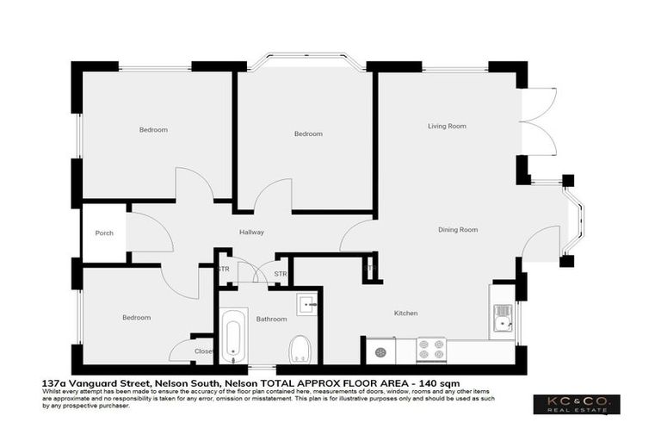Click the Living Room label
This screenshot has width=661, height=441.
click(x=447, y=126)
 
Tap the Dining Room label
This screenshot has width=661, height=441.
click(x=458, y=230)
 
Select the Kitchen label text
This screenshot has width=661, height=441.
click(x=405, y=313)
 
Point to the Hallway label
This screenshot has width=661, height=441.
click(x=251, y=232)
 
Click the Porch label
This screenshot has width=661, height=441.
click(x=104, y=233)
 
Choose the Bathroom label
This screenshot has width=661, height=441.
click(x=271, y=320)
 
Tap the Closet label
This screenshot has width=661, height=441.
click(x=203, y=351)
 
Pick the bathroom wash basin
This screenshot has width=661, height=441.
click(x=308, y=305)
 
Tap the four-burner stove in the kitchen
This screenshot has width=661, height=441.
click(x=430, y=350)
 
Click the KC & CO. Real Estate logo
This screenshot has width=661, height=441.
click(x=576, y=405)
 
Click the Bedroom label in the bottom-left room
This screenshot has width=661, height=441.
click(x=136, y=318)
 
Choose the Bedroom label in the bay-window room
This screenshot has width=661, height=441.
click(x=307, y=134)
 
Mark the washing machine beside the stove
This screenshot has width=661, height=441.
click(x=380, y=350)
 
